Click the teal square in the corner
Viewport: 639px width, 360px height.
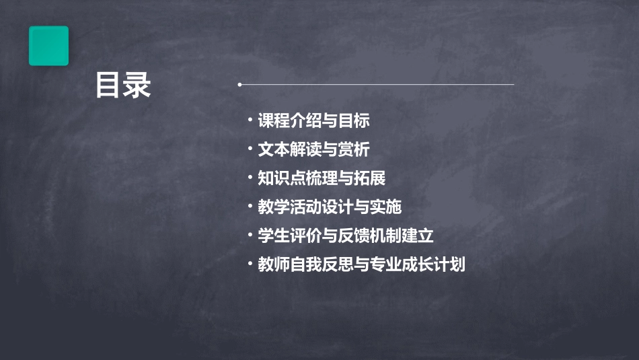pyautogui.click(x=48, y=46)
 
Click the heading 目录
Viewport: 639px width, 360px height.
pyautogui.click(x=123, y=86)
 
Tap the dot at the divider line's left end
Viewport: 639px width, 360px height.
pyautogui.click(x=239, y=85)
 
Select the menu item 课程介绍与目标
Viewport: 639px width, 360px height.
pyautogui.click(x=313, y=121)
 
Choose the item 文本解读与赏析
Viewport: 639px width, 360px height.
pyautogui.click(x=313, y=149)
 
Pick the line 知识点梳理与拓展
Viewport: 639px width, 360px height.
pyautogui.click(x=322, y=178)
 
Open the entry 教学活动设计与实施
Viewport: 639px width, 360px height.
pyautogui.click(x=330, y=207)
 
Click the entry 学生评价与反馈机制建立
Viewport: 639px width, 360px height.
pyautogui.click(x=346, y=236)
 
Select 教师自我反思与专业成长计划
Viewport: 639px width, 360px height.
pyautogui.click(x=361, y=264)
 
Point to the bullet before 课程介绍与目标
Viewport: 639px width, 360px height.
pyautogui.click(x=250, y=121)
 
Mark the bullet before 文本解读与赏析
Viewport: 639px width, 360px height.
pyautogui.click(x=250, y=149)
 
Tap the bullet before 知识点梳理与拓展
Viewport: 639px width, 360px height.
pyautogui.click(x=250, y=178)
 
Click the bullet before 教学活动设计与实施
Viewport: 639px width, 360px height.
pyautogui.click(x=250, y=207)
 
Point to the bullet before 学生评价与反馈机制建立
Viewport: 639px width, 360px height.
pyautogui.click(x=250, y=236)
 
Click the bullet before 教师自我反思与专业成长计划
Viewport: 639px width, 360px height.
pyautogui.click(x=250, y=264)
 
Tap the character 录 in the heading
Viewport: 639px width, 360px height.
pyautogui.click(x=137, y=86)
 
